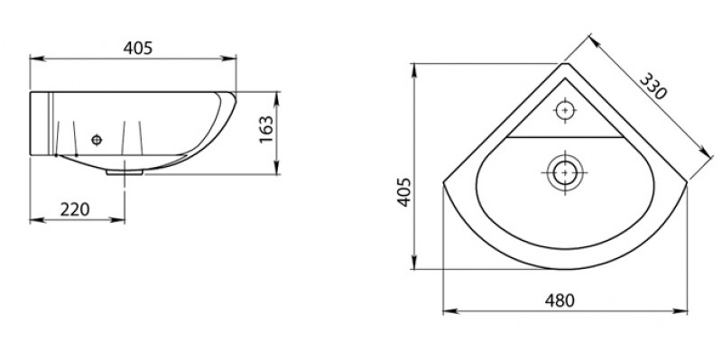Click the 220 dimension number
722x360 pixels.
(x=75, y=209)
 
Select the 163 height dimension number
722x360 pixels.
(x=266, y=129)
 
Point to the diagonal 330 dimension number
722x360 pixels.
(x=653, y=86)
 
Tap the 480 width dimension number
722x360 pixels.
(x=560, y=300)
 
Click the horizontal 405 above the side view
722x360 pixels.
(x=138, y=48)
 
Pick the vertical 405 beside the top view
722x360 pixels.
(x=403, y=191)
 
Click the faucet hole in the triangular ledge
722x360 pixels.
(x=565, y=110)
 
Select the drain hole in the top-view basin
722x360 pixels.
(x=565, y=172)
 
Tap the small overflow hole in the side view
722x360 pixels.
(x=97, y=140)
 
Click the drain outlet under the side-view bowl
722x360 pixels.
(x=125, y=172)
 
